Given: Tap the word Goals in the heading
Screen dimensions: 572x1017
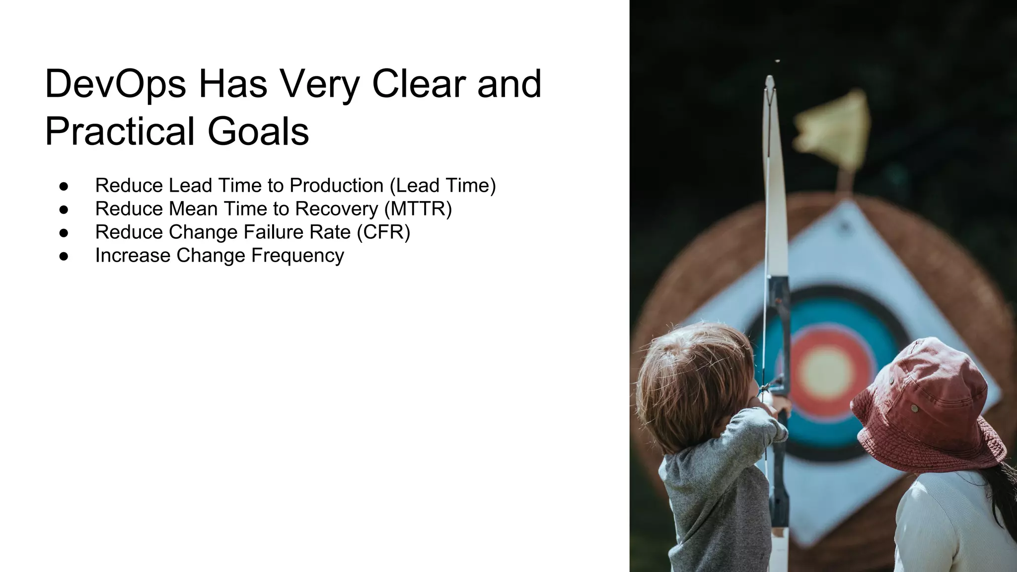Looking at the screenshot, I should click(258, 131).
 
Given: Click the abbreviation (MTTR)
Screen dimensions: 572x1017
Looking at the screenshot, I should click(418, 209).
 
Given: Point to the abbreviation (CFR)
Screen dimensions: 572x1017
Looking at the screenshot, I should click(383, 232).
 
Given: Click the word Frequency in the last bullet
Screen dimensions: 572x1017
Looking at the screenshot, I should click(297, 256).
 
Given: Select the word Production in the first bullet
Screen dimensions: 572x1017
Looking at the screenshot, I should click(337, 186).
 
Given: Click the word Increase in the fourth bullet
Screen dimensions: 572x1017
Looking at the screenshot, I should click(133, 256).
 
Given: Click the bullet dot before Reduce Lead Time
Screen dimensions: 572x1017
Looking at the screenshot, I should click(64, 186).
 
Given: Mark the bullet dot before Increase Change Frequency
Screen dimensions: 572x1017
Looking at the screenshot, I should click(64, 256).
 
